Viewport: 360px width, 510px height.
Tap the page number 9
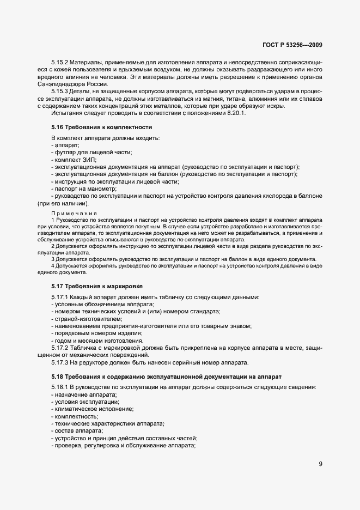321,464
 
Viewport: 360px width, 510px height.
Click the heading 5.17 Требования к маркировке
97,286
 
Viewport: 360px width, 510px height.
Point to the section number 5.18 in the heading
58,377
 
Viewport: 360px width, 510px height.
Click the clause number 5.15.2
60,64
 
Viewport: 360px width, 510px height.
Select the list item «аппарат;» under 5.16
66,145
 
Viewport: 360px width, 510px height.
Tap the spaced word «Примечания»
74,212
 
